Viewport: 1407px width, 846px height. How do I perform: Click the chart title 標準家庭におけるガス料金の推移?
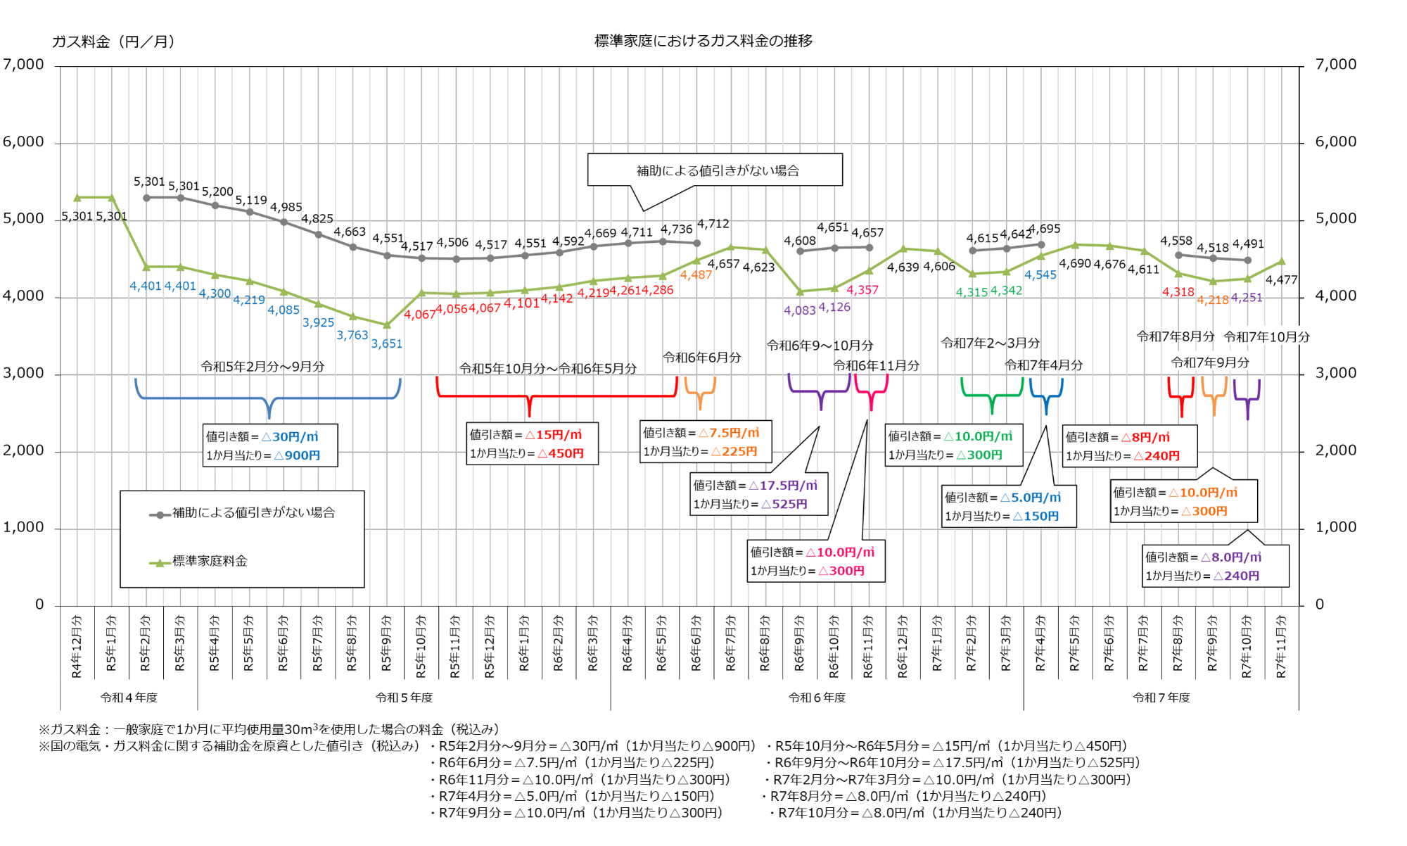click(x=703, y=41)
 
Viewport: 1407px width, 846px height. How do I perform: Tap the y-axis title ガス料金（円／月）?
click(x=113, y=42)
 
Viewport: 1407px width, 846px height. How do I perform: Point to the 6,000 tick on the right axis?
click(x=1335, y=141)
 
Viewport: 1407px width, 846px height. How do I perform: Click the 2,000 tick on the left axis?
click(x=23, y=450)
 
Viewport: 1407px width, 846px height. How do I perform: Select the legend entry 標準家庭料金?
click(x=209, y=561)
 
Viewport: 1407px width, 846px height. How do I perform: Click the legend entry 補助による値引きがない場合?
click(x=253, y=512)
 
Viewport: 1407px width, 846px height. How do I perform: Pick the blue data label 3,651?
click(x=387, y=343)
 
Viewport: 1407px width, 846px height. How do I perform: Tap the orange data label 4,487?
click(x=696, y=274)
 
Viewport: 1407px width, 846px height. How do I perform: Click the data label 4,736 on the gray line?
click(x=677, y=229)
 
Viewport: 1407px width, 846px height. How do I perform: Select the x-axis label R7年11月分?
click(x=1281, y=646)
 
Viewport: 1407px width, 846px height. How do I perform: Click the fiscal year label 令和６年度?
click(x=817, y=697)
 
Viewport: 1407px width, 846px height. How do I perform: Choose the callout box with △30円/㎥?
click(x=270, y=446)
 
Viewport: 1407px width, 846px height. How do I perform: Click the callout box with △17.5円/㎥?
click(x=758, y=494)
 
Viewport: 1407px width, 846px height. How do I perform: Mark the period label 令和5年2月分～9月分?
click(x=262, y=367)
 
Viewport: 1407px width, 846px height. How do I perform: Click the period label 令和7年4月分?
click(x=1043, y=365)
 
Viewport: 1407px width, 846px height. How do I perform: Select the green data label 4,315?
click(x=972, y=292)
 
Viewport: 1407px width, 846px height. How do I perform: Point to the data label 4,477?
click(x=1281, y=280)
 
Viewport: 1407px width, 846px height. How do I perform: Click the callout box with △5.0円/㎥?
click(x=1008, y=506)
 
